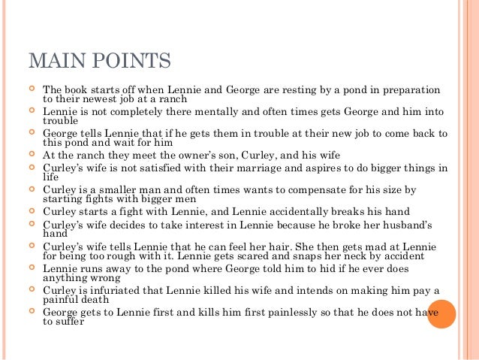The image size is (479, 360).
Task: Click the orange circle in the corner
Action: [x=442, y=313]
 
